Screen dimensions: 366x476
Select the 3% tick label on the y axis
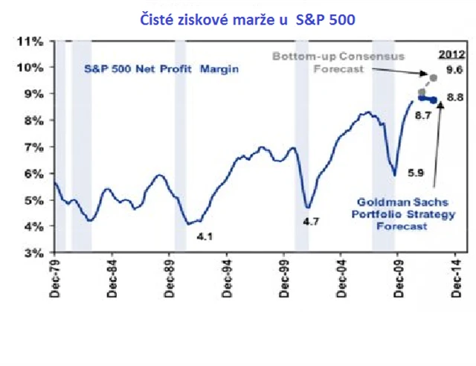coord(30,252)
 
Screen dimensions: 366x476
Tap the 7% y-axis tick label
coord(30,147)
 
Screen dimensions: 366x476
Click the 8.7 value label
coord(423,115)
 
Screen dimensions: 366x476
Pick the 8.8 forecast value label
coord(454,97)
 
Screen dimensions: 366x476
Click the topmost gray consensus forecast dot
coord(434,77)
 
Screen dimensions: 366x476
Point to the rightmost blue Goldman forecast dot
coord(434,100)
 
